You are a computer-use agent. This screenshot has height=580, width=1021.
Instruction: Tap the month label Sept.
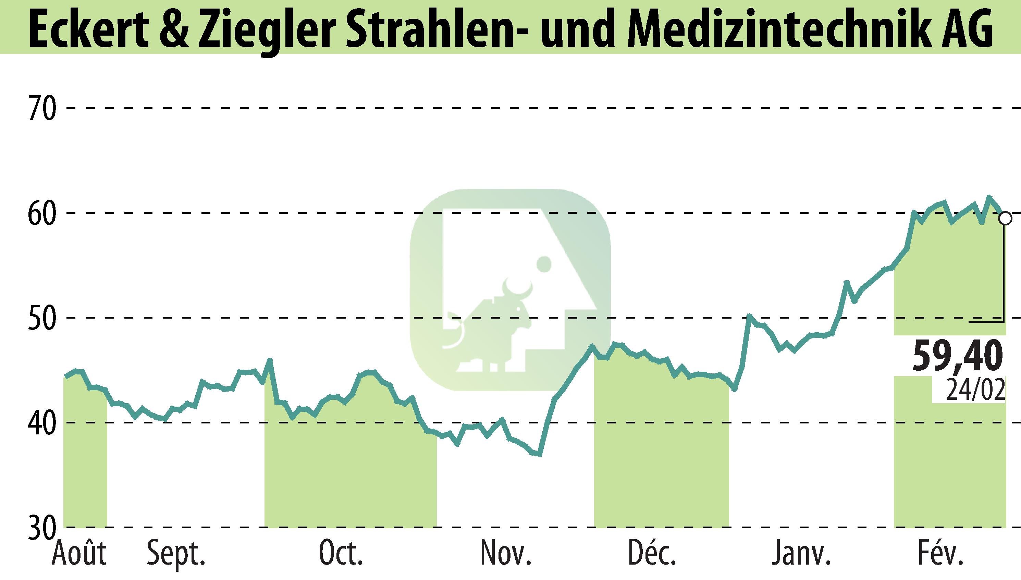point(176,554)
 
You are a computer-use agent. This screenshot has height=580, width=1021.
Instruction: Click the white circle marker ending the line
point(1005,218)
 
